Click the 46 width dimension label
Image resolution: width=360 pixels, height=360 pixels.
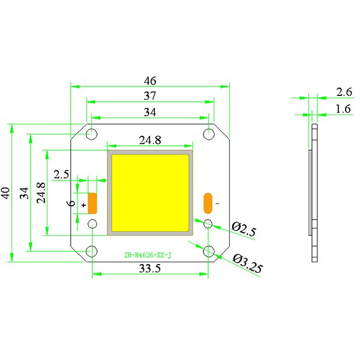point(150,81)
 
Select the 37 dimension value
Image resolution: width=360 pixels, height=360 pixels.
point(150,96)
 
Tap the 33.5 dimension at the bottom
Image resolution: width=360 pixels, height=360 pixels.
point(150,268)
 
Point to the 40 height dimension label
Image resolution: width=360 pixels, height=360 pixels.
point(6,193)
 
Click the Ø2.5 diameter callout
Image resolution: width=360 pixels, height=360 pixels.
point(244,229)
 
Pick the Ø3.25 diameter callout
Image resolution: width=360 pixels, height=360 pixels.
point(248,263)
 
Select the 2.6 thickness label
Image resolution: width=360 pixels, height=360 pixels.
point(344,92)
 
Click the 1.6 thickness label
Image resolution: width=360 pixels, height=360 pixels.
point(343,109)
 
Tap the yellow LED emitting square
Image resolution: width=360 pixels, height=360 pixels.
point(150,193)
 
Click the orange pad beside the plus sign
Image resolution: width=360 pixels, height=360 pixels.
point(92,203)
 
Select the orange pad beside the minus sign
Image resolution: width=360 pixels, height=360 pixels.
point(208,203)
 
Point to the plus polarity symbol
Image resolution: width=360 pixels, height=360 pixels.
point(84,205)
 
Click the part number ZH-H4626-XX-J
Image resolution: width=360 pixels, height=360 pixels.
point(148,255)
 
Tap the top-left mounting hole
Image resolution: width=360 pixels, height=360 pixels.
point(92,134)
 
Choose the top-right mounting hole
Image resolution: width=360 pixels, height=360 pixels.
point(209,134)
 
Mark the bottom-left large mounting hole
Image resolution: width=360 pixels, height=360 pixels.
point(92,251)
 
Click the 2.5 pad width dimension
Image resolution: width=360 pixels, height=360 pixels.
point(61,175)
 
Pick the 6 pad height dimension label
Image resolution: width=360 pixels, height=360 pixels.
point(72,203)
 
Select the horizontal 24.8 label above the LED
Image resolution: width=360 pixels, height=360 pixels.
point(150,140)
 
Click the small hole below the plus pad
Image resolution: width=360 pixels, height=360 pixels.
point(92,224)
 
